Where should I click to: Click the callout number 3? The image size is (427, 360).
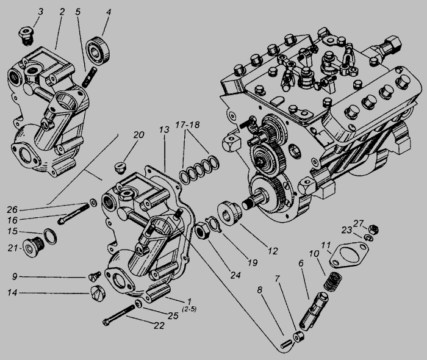click(40, 12)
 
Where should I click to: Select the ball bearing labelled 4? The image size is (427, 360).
click(98, 50)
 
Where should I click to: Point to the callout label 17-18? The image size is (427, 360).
click(187, 124)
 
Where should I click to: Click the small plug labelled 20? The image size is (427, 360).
click(120, 167)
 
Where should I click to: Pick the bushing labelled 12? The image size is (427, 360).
click(229, 213)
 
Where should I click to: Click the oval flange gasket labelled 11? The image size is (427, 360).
click(349, 254)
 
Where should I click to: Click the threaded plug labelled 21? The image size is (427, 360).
click(32, 247)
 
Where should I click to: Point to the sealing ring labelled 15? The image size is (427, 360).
click(49, 236)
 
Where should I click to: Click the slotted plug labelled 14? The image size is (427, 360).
click(98, 293)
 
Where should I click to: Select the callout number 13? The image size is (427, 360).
click(165, 129)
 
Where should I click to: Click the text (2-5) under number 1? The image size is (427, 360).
click(189, 309)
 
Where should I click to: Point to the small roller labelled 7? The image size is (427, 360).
click(298, 337)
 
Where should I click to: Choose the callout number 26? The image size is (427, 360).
click(12, 210)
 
